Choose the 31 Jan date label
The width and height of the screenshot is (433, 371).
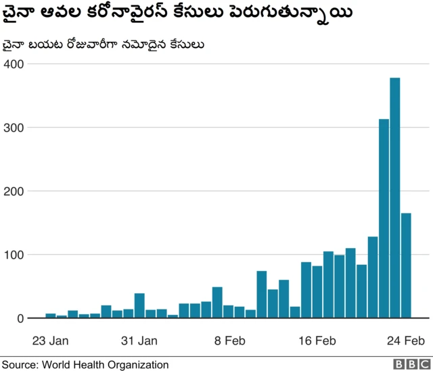coord(139,340)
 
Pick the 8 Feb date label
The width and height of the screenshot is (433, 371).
coord(229,340)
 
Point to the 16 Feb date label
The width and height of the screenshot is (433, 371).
coord(317,340)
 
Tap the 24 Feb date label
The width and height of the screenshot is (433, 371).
coord(406,340)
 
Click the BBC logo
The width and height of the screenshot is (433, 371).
coord(407,364)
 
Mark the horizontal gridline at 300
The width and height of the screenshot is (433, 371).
coord(203,127)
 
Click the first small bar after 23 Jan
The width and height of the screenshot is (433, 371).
coord(51,316)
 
